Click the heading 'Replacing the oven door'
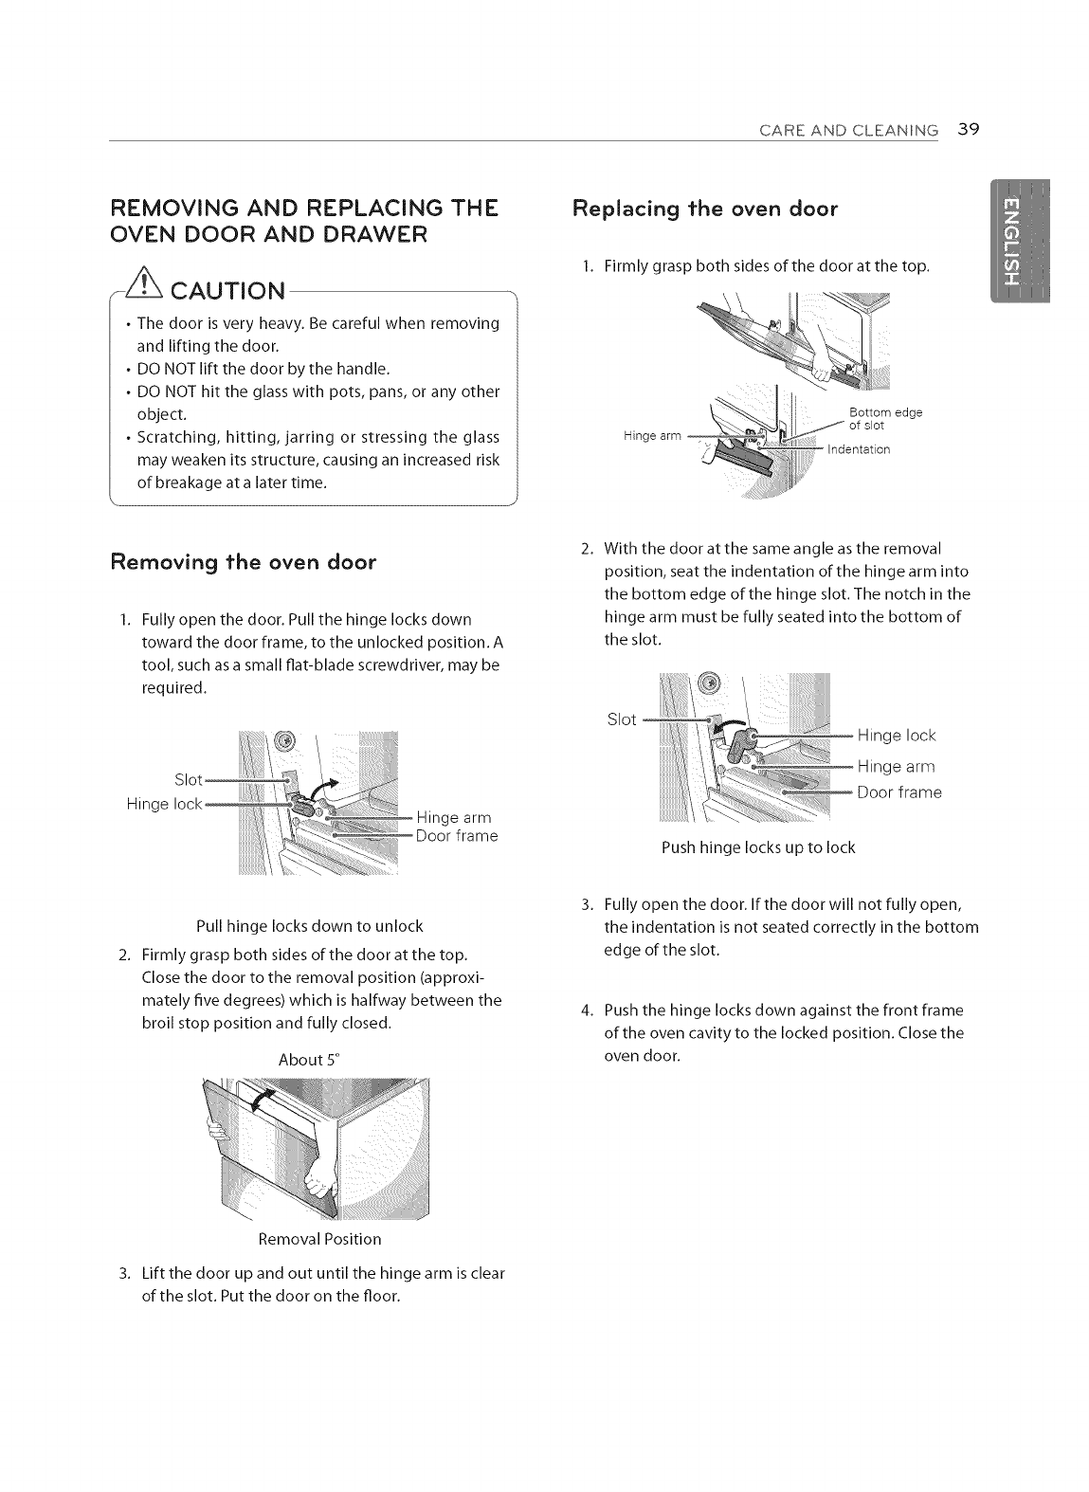(705, 209)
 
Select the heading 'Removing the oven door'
(244, 562)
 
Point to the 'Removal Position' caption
(319, 1239)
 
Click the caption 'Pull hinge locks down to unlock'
(309, 925)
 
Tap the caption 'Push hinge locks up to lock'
(758, 847)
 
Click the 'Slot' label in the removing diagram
(189, 780)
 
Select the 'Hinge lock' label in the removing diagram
(164, 805)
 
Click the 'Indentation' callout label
(859, 449)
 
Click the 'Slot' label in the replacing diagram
(622, 719)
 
